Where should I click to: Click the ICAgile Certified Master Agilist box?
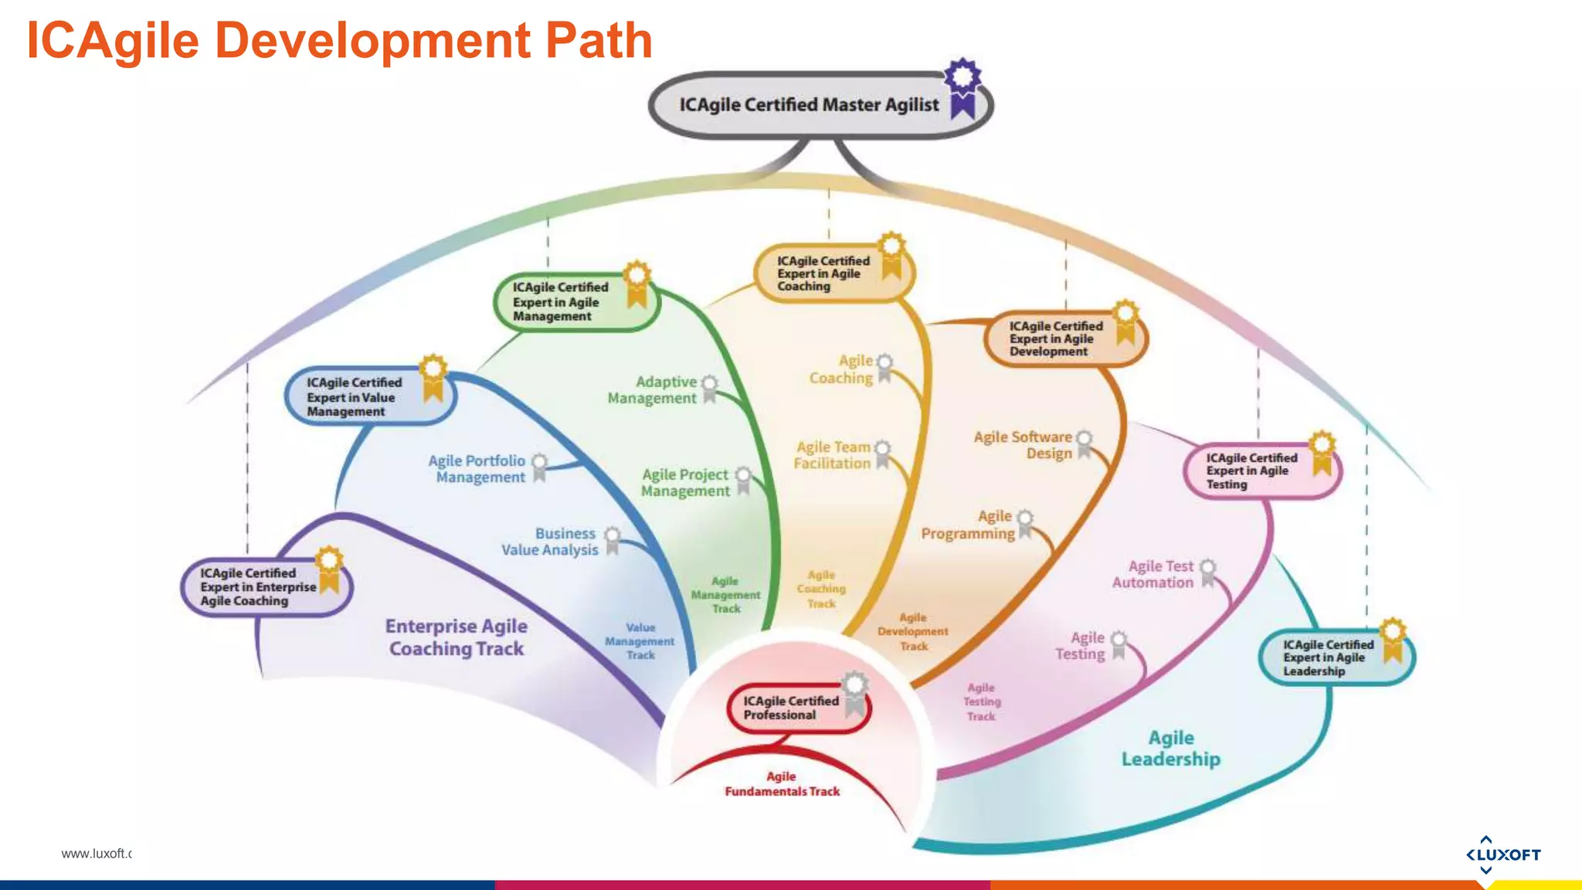tap(807, 105)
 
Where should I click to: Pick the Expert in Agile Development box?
tap(1057, 339)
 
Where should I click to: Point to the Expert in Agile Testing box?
tap(1254, 471)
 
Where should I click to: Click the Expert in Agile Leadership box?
tap(1329, 657)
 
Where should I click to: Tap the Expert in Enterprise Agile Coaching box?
tap(259, 587)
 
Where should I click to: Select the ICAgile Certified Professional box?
tap(792, 708)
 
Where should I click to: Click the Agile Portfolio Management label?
tap(478, 469)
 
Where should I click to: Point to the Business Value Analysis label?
tap(550, 542)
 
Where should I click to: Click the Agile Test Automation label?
tap(1153, 575)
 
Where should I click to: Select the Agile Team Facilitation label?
tap(833, 455)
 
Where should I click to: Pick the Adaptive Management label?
tap(653, 390)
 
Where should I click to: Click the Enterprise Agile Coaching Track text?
tap(457, 637)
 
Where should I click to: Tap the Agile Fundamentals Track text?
tap(782, 784)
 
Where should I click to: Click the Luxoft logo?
tap(1502, 854)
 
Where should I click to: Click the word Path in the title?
tap(599, 40)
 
